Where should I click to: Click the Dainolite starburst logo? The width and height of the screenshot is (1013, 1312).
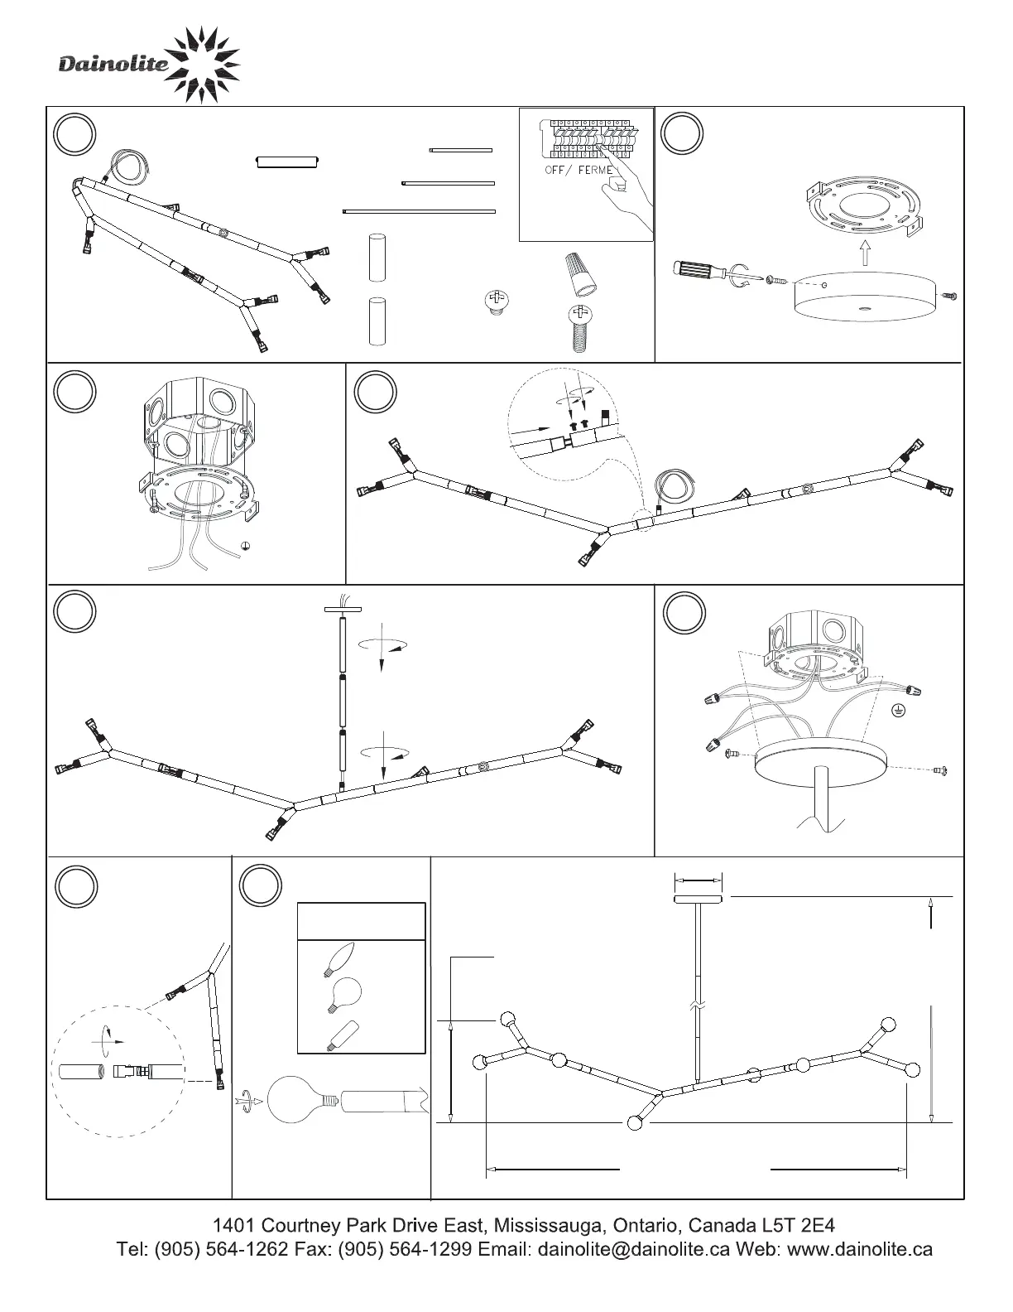point(203,65)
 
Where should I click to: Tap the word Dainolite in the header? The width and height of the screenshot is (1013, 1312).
point(113,65)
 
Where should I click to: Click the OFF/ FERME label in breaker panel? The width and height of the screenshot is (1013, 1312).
point(579,170)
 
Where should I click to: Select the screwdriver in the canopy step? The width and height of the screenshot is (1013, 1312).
point(708,272)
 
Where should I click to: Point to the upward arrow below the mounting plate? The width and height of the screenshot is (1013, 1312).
point(863,252)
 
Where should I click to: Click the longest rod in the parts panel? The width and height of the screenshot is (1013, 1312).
point(419,211)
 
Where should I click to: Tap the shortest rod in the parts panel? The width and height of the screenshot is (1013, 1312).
point(461,150)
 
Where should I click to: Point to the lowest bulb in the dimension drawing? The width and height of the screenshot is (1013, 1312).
point(635,1123)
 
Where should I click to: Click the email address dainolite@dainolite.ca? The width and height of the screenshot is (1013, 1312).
point(633,1248)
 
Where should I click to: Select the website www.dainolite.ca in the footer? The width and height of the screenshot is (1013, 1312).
point(859,1248)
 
